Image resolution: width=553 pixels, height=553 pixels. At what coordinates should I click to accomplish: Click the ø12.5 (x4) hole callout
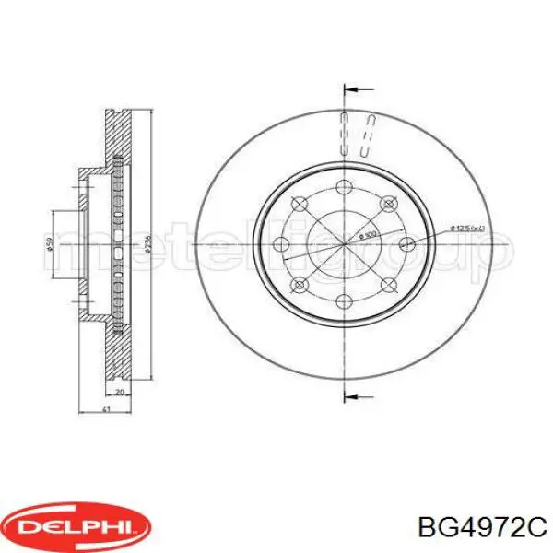pos(467,228)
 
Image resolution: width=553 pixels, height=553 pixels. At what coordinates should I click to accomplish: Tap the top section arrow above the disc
pos(358,90)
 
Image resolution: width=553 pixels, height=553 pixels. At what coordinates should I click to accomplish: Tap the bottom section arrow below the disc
pos(358,396)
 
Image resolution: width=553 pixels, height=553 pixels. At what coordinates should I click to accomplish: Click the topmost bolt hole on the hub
pos(344,188)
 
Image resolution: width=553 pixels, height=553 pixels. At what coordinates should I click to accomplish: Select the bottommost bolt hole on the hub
pos(344,300)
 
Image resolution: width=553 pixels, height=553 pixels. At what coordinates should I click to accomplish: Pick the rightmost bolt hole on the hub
pos(400,243)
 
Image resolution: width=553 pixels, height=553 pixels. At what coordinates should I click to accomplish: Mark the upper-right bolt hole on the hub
pos(383,204)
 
